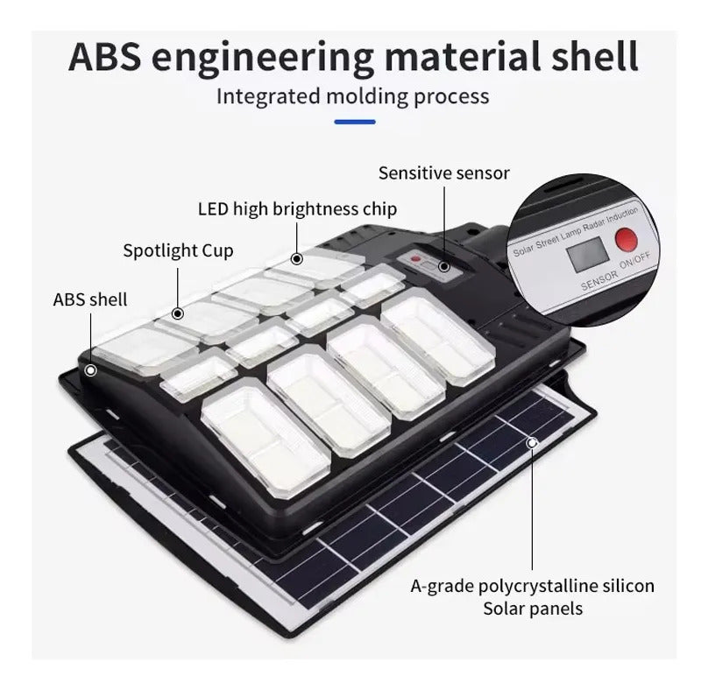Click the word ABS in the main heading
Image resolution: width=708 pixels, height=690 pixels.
[105, 56]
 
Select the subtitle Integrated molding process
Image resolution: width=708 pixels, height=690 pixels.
[352, 96]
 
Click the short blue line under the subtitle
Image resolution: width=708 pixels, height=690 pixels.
[355, 122]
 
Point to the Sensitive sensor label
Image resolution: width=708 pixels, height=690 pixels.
[444, 173]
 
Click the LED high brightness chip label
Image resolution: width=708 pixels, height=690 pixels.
[298, 209]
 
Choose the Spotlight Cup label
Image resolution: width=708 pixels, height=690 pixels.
[178, 251]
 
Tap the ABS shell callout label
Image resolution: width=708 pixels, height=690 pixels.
[90, 299]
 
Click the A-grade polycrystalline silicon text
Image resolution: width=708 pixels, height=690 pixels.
[533, 586]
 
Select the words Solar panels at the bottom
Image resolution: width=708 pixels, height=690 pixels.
[533, 609]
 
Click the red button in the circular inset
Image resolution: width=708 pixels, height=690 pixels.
[627, 240]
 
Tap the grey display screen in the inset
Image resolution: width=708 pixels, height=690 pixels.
[588, 254]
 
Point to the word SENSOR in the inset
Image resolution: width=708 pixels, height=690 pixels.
[598, 280]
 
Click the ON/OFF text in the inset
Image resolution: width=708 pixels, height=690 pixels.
[635, 260]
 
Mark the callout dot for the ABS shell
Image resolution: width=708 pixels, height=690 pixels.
[91, 370]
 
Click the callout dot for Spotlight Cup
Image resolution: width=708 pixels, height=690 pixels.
[178, 313]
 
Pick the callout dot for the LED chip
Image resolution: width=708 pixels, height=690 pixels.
[297, 259]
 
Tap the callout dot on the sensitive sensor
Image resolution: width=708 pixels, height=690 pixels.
[444, 267]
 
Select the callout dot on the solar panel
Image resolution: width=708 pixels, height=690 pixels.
[533, 443]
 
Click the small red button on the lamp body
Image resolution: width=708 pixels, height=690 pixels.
[416, 259]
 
